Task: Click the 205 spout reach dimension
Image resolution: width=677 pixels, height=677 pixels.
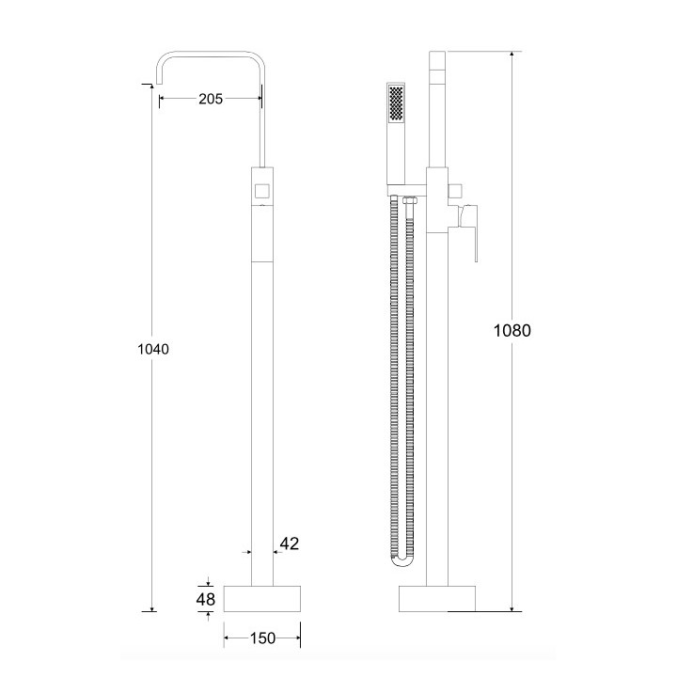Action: tap(211, 99)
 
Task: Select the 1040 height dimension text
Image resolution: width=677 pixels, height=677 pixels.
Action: tap(152, 349)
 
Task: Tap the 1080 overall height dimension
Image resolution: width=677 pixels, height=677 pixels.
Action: tap(512, 330)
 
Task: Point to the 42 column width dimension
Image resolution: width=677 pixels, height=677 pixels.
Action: tap(289, 543)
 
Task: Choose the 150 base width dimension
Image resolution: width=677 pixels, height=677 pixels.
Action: tap(261, 638)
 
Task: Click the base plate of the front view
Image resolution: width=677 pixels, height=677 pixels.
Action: tap(261, 598)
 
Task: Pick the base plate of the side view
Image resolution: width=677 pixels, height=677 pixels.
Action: tap(437, 598)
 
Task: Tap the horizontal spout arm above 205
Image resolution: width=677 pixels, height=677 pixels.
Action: tap(211, 54)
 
